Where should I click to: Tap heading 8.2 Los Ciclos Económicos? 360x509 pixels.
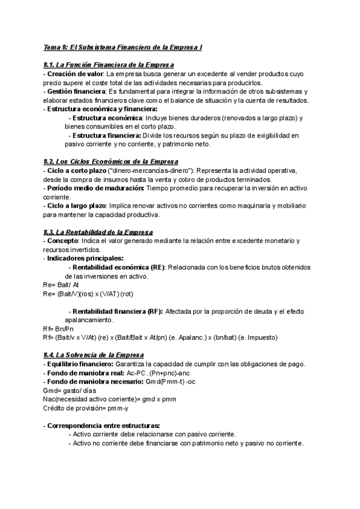point(110,161)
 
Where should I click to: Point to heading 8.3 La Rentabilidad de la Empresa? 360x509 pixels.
point(98,232)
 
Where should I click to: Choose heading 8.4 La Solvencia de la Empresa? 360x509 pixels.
point(94,355)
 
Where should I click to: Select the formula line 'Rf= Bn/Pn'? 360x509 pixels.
point(59,329)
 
